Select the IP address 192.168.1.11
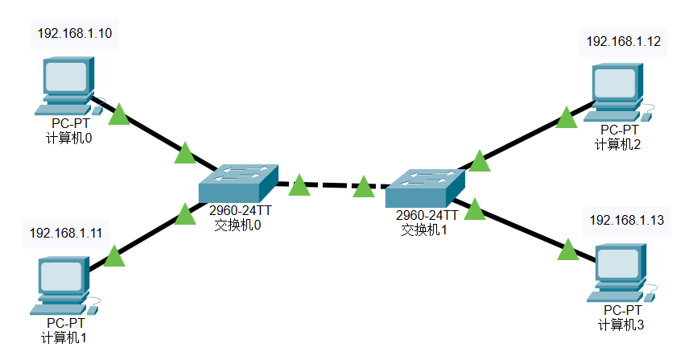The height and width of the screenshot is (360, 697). (67, 234)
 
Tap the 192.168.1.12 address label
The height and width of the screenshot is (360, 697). (624, 41)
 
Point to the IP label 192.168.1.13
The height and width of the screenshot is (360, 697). (627, 220)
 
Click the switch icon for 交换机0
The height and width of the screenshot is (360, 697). (237, 183)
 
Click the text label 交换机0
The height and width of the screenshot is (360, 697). (238, 226)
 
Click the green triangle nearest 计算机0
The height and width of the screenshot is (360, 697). (119, 114)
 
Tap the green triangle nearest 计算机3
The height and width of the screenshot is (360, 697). (568, 250)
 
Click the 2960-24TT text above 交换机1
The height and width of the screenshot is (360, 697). (427, 216)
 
